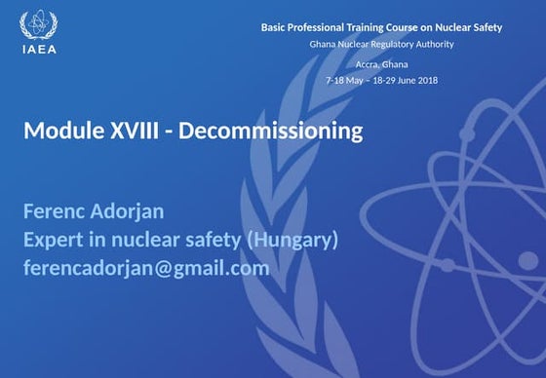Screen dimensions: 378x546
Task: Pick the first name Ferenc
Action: pos(52,211)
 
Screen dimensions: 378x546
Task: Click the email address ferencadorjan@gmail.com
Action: pos(146,268)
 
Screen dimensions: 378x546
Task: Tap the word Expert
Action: pos(55,240)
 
